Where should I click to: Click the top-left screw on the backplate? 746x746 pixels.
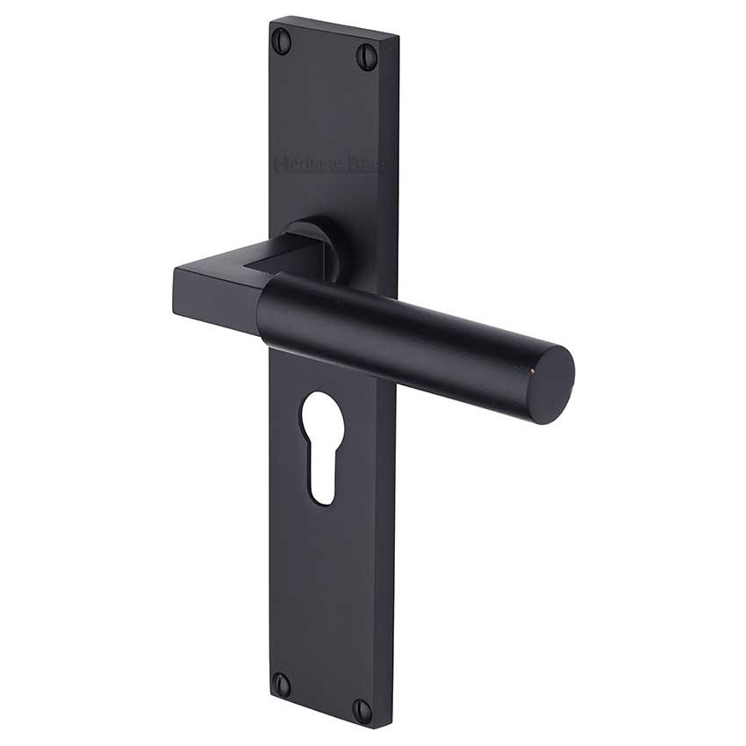pyautogui.click(x=281, y=38)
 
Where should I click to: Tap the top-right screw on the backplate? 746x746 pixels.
pyautogui.click(x=366, y=57)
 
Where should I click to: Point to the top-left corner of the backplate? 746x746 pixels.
pyautogui.click(x=270, y=18)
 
